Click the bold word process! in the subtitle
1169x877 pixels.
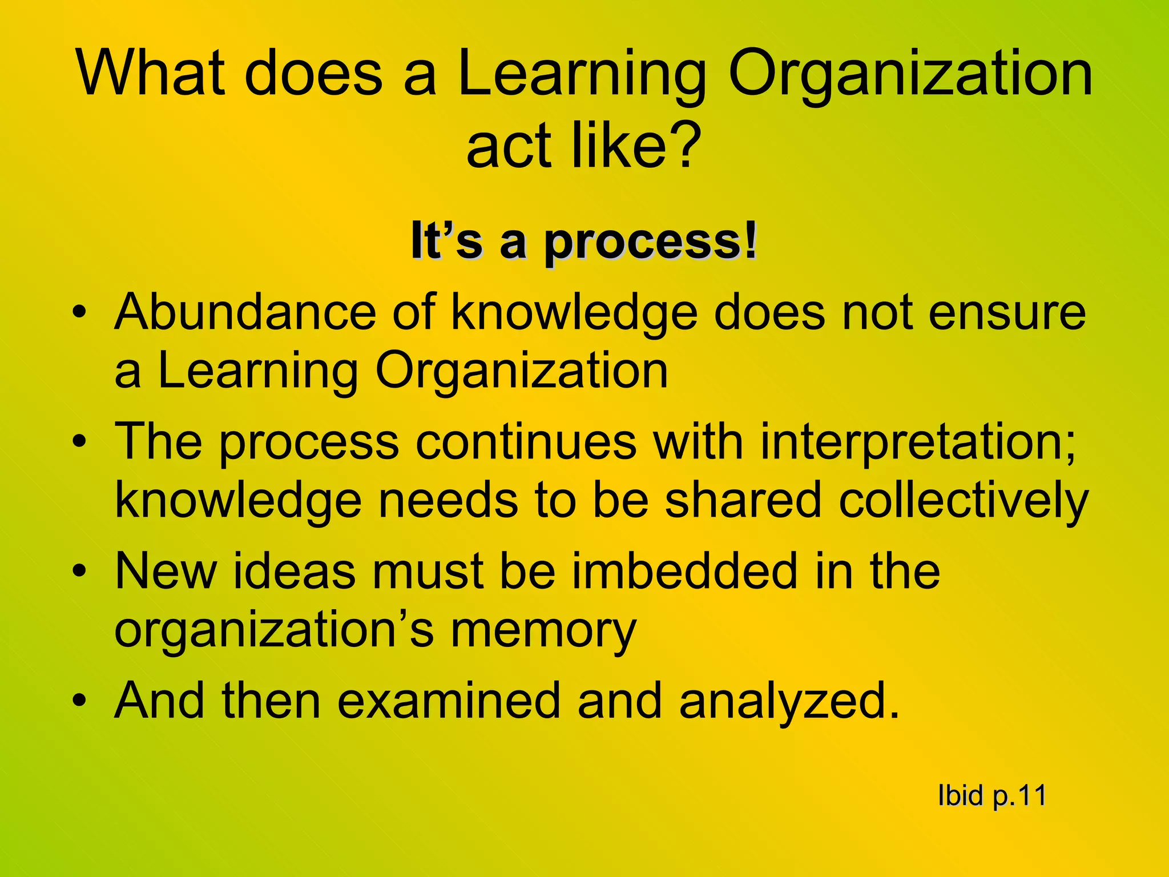(650, 243)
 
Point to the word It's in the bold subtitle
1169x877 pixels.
(446, 242)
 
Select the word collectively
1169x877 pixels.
(964, 501)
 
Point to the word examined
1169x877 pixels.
(449, 701)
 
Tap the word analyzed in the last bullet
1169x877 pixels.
(788, 702)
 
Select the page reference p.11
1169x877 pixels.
(1019, 796)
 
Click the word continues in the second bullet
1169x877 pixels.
(525, 442)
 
